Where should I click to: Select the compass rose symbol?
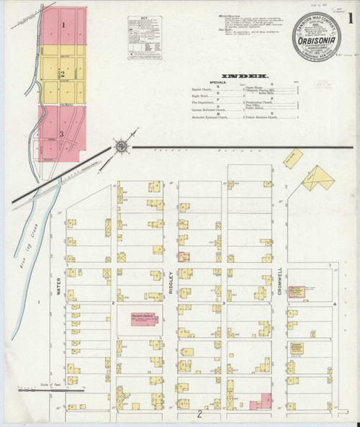(x=122, y=146)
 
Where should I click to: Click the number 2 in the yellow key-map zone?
(x=63, y=73)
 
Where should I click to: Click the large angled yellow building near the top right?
(x=317, y=176)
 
